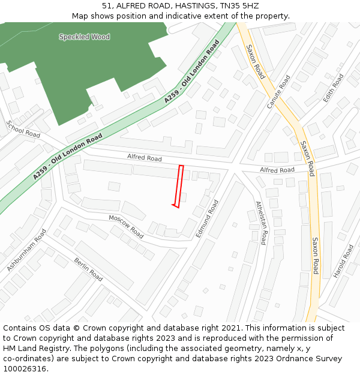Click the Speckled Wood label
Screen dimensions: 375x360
tap(84, 37)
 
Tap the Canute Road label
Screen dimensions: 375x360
tap(278, 92)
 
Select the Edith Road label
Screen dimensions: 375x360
tap(333, 88)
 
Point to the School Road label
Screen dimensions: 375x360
tap(23, 129)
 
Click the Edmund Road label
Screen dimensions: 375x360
tap(207, 218)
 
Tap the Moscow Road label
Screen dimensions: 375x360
tap(126, 225)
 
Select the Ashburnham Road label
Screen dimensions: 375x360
tap(26, 250)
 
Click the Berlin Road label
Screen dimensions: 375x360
tap(88, 269)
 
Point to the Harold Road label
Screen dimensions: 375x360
tap(344, 261)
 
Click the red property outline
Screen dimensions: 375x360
tap(178, 187)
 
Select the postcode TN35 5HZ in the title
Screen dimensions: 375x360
tap(240, 5)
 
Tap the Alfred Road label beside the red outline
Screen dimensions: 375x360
tap(144, 158)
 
